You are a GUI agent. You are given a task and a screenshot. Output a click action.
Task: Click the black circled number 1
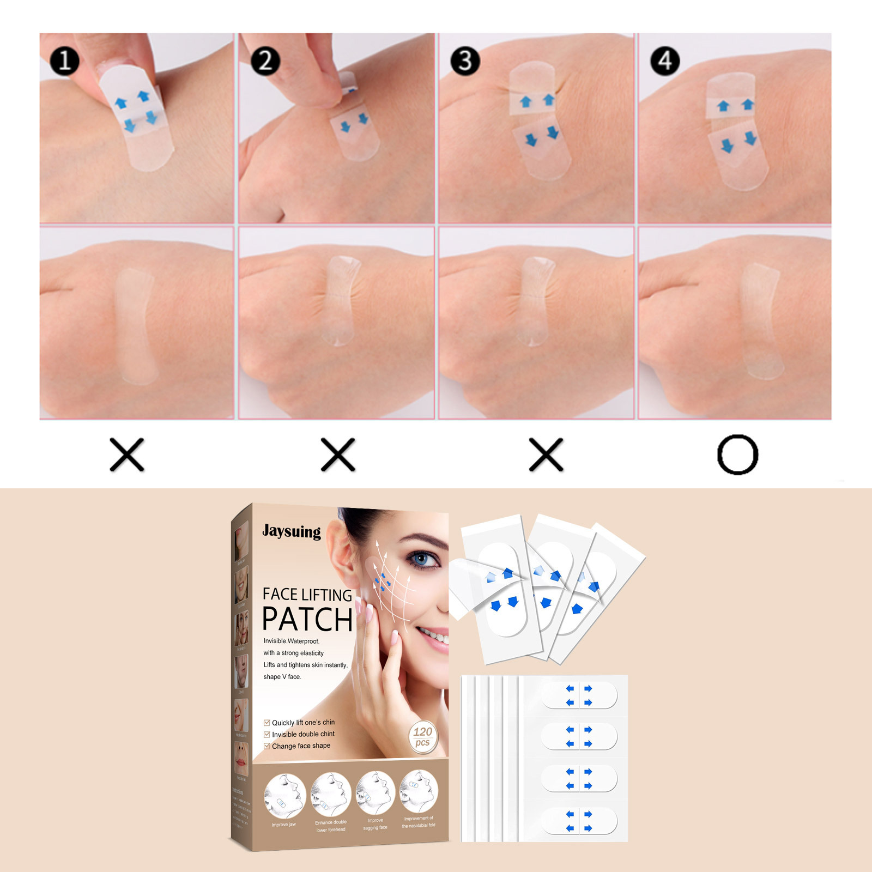click(x=64, y=60)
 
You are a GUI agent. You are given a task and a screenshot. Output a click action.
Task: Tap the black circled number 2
click(x=265, y=60)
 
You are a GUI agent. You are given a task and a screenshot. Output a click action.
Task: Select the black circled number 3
click(x=465, y=60)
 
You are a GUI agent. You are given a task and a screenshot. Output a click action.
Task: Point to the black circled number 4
click(x=665, y=60)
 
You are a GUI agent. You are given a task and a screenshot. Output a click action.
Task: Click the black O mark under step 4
click(x=737, y=455)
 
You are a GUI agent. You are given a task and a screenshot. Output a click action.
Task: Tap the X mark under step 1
click(x=126, y=455)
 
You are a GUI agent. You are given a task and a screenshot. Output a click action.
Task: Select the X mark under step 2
click(x=338, y=455)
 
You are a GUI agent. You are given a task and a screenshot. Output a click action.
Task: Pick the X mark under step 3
click(x=546, y=455)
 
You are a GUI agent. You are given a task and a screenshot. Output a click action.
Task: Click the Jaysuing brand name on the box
click(x=292, y=531)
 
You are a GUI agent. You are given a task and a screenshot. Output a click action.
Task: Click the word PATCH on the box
click(x=307, y=620)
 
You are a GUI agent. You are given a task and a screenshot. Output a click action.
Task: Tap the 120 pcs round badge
click(x=423, y=737)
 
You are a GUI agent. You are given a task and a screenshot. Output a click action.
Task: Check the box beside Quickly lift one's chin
click(x=267, y=723)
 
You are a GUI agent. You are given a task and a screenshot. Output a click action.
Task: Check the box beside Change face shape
click(x=267, y=746)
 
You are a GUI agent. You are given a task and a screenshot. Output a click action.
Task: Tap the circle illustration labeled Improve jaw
click(x=284, y=796)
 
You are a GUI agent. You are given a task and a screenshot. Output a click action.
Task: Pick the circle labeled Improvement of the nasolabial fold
click(x=418, y=791)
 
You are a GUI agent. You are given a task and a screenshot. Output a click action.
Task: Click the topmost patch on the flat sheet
click(x=579, y=695)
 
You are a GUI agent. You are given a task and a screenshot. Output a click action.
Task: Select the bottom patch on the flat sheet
click(x=579, y=821)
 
